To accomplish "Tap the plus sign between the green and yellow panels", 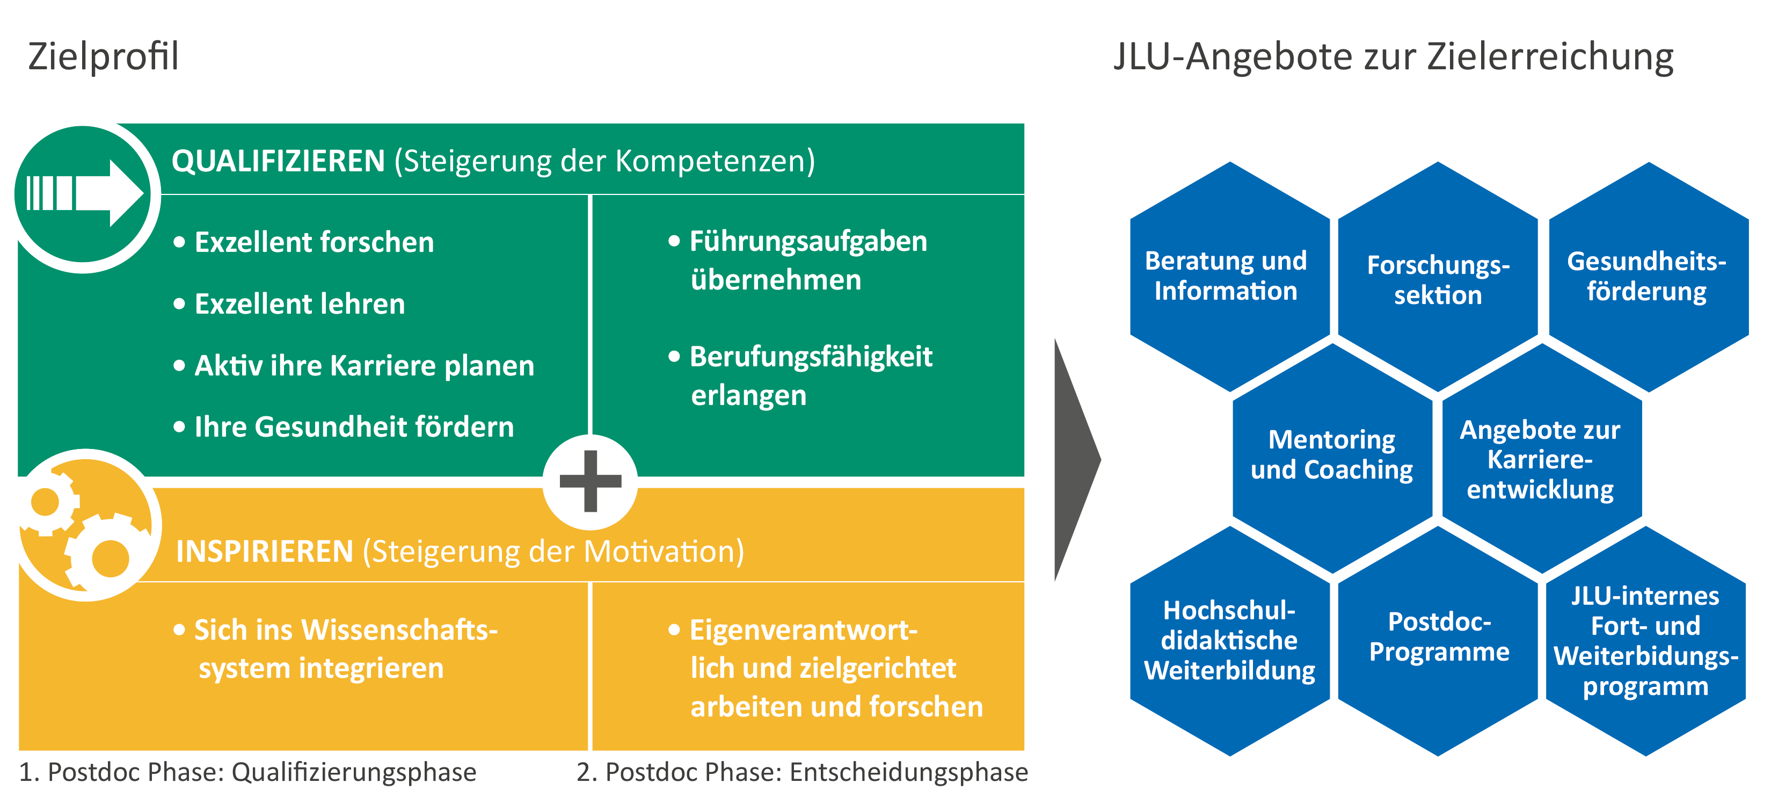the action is (591, 481).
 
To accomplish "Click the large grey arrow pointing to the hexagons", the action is (1077, 459).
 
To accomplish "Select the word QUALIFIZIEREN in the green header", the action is (278, 161).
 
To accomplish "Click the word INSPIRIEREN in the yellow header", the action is (265, 552).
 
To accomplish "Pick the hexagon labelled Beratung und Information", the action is (1230, 277).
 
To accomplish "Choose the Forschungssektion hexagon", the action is (1438, 277).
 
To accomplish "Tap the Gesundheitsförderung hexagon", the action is (1648, 277).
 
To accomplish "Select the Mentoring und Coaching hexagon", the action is (1332, 458).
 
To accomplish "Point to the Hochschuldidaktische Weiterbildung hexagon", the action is (1230, 641).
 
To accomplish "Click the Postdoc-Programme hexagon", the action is (1438, 641).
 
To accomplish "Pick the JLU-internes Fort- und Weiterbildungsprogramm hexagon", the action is (1646, 641).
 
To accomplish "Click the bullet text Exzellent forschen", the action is (314, 242).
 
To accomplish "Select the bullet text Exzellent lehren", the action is (300, 304).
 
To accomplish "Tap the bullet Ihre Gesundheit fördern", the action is (354, 427).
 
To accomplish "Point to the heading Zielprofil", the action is (103, 56).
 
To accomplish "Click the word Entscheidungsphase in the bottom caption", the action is (909, 773).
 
